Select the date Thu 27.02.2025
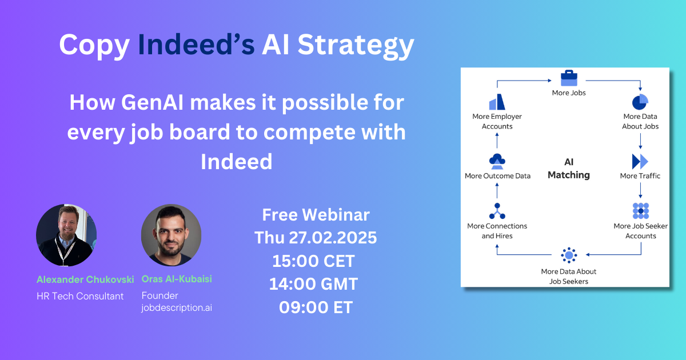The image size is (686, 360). click(316, 238)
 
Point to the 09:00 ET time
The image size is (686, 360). click(316, 307)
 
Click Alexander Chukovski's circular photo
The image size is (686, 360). click(66, 234)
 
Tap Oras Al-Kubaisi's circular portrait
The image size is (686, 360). click(171, 234)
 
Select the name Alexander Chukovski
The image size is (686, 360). click(85, 279)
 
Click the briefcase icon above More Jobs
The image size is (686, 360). click(568, 78)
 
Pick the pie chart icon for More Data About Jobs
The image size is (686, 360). click(640, 102)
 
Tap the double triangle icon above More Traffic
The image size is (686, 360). click(640, 161)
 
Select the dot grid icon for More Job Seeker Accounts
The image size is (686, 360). click(640, 211)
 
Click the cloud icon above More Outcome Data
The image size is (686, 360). click(497, 161)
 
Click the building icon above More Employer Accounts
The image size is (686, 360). click(497, 102)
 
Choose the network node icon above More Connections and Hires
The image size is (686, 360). click(497, 211)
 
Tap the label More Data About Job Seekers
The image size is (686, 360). click(568, 276)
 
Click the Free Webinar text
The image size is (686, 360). click(316, 215)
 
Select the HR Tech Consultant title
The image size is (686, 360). click(80, 295)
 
